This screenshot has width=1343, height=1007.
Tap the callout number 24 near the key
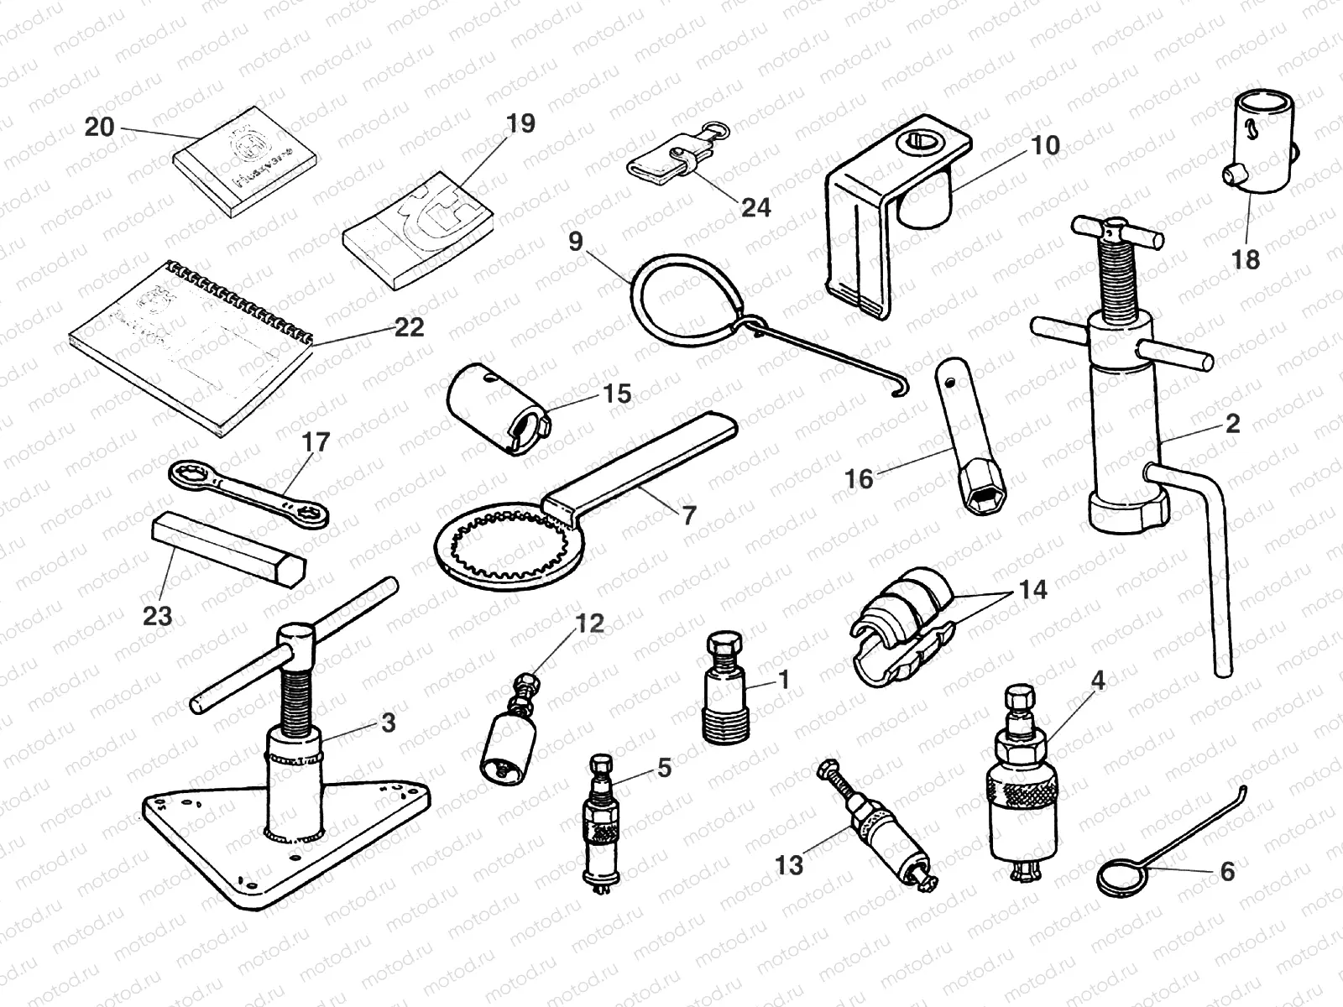[755, 206]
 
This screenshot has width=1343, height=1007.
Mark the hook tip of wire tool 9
[900, 391]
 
